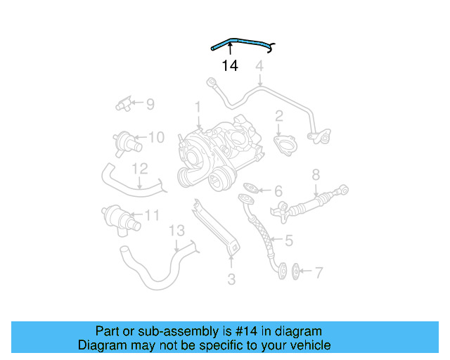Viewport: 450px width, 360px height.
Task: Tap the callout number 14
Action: pyautogui.click(x=230, y=66)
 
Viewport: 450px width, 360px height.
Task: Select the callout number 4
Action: pyautogui.click(x=259, y=67)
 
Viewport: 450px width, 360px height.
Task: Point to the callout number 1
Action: pyautogui.click(x=198, y=107)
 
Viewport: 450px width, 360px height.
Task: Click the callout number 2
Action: pyautogui.click(x=279, y=116)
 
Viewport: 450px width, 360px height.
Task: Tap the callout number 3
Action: pyautogui.click(x=231, y=280)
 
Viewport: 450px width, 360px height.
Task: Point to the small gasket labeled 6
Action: pyautogui.click(x=251, y=189)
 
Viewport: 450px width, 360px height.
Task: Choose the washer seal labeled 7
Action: pyautogui.click(x=295, y=270)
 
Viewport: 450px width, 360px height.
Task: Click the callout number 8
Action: pyautogui.click(x=316, y=174)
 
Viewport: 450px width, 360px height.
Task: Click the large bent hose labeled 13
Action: pyautogui.click(x=151, y=267)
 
